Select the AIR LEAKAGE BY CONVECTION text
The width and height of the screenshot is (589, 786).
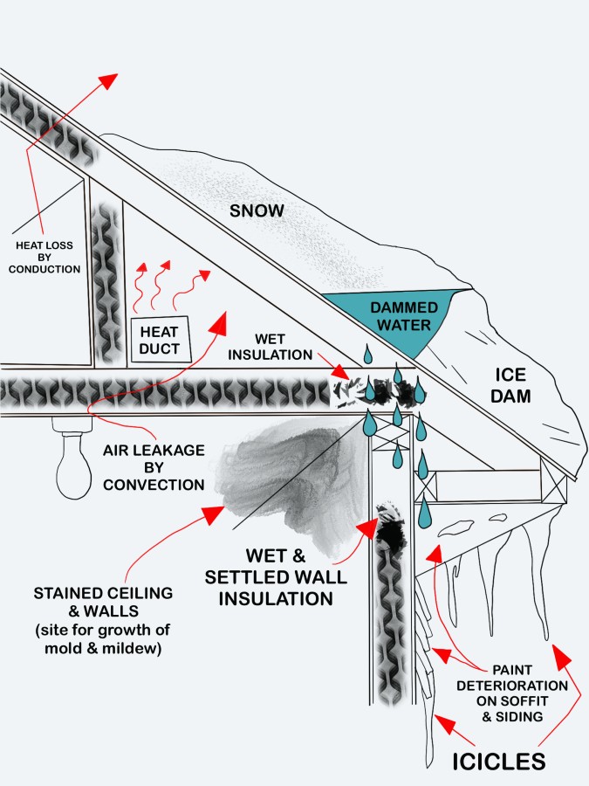click(153, 466)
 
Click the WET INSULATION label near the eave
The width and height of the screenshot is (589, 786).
click(277, 347)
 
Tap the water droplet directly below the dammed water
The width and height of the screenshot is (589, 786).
click(369, 355)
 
